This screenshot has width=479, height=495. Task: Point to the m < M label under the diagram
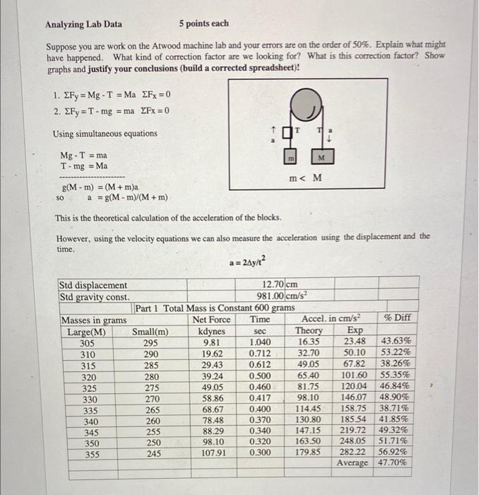pyautogui.click(x=305, y=177)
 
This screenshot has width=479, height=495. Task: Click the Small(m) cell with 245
pyautogui.click(x=150, y=453)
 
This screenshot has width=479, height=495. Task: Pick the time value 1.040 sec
pyautogui.click(x=259, y=342)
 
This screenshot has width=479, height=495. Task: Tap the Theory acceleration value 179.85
pyautogui.click(x=307, y=453)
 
